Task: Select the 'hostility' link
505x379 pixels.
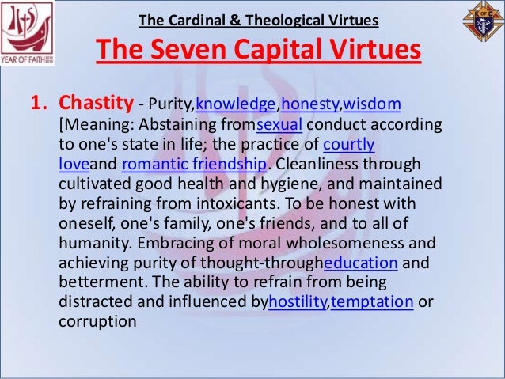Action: pyautogui.click(x=298, y=302)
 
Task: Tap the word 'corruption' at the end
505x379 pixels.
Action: pyautogui.click(x=97, y=322)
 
